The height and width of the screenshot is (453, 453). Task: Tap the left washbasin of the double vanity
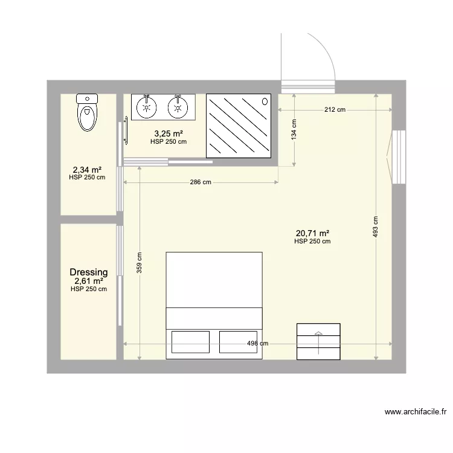[x=146, y=107]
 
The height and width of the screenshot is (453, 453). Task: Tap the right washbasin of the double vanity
[x=178, y=107]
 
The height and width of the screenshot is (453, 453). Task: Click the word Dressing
[x=89, y=272]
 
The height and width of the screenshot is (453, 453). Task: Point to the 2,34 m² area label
[x=87, y=170]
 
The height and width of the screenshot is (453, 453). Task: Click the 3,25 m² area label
[x=168, y=133]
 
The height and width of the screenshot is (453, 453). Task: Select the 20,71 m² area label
[x=312, y=233]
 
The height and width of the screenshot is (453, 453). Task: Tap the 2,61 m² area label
[x=89, y=281]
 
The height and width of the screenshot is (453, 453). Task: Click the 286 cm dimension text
[x=201, y=182]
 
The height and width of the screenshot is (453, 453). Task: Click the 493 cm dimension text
[x=376, y=227]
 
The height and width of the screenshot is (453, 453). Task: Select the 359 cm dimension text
[x=140, y=262]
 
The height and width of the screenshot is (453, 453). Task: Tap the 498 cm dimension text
[x=257, y=344]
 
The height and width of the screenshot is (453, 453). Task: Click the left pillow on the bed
[x=191, y=341]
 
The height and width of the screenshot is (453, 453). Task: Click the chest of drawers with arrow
[x=318, y=341]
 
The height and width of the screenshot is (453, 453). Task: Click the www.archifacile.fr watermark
[x=416, y=413]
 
